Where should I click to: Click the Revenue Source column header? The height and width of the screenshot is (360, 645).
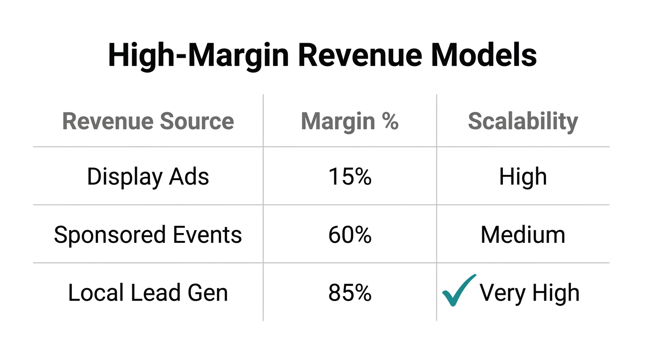(x=148, y=121)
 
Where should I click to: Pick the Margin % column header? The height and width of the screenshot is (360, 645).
(x=350, y=121)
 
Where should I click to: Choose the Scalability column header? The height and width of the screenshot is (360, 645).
(x=523, y=121)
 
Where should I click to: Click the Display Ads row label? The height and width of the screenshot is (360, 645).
(x=148, y=177)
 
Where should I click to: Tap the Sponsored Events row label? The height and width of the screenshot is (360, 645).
(x=148, y=235)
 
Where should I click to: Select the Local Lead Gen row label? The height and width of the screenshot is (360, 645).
(x=148, y=293)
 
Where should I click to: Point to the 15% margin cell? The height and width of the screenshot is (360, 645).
(x=350, y=177)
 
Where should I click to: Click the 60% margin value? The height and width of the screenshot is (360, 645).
(x=350, y=235)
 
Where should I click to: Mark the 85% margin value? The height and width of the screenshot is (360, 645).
(x=350, y=293)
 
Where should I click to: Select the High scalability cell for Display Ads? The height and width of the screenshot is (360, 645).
(x=523, y=177)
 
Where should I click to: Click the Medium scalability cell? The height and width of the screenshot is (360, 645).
(x=523, y=235)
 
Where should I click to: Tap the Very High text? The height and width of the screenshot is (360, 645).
(x=529, y=293)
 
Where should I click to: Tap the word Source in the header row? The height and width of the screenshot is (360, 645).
(x=197, y=121)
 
